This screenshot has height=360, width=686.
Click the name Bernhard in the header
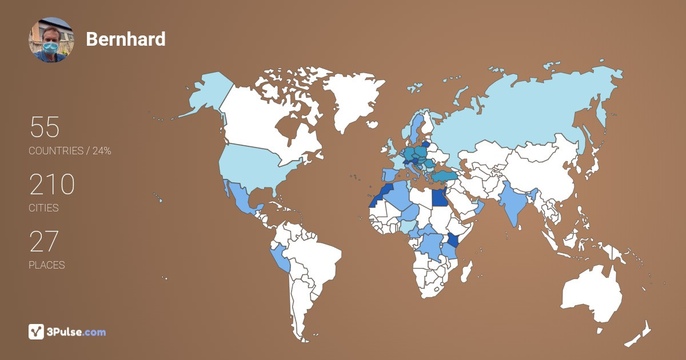coord(126,39)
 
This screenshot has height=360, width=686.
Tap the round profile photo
coord(51,39)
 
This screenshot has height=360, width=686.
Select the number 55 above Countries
coord(45,127)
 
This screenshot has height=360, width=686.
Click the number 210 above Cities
coord(52,185)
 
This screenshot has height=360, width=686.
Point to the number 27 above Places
coord(44,242)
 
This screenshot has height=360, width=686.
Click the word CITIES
coord(43,208)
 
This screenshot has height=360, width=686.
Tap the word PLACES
coord(46,265)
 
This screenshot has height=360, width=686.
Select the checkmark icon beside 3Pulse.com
coord(37,331)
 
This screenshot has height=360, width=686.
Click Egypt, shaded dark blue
coord(439,198)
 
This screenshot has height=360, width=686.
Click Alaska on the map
coord(205,94)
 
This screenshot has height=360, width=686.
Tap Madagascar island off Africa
coord(466,272)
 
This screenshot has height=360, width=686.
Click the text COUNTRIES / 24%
coord(70,151)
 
